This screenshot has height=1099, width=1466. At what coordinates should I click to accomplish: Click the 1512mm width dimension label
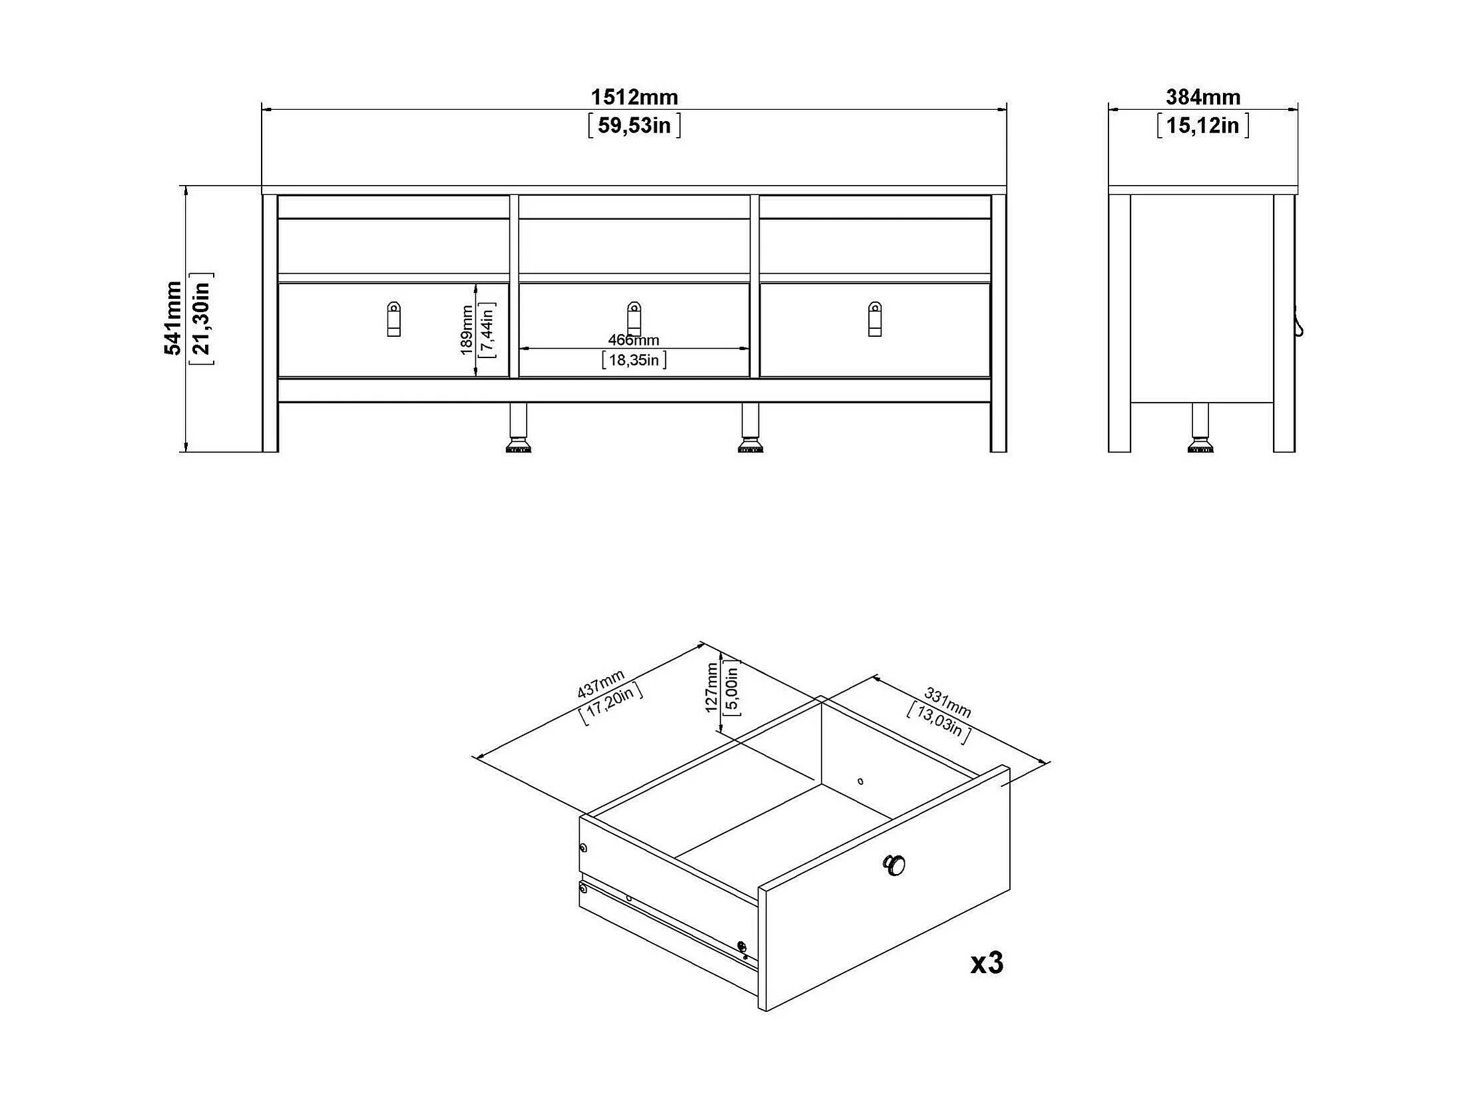coord(634,97)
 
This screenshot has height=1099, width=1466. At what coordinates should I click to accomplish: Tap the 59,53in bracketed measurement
coord(634,125)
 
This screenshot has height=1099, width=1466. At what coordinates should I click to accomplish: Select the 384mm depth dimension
coord(1202,97)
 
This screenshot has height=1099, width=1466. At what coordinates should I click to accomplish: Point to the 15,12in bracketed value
coord(1202,125)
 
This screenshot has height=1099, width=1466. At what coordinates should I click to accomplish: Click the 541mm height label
coord(173,318)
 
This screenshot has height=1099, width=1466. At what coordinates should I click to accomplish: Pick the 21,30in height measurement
coord(201,318)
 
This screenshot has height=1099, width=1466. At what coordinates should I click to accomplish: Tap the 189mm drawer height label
coord(467,330)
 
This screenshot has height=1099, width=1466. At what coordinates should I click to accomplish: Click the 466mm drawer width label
coord(633,340)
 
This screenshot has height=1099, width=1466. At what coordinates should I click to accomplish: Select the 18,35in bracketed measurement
coord(634,360)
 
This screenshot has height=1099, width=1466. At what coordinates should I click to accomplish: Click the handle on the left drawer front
coord(393,319)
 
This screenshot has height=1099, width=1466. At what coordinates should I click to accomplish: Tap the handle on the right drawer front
coord(875,319)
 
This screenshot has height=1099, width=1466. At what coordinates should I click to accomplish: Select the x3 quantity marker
coord(986,963)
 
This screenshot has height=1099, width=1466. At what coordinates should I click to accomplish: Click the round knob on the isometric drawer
coord(894,865)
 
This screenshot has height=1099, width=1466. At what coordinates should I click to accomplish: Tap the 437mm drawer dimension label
coord(601,684)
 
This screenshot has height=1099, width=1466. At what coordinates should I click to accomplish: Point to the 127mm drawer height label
coord(712,688)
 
